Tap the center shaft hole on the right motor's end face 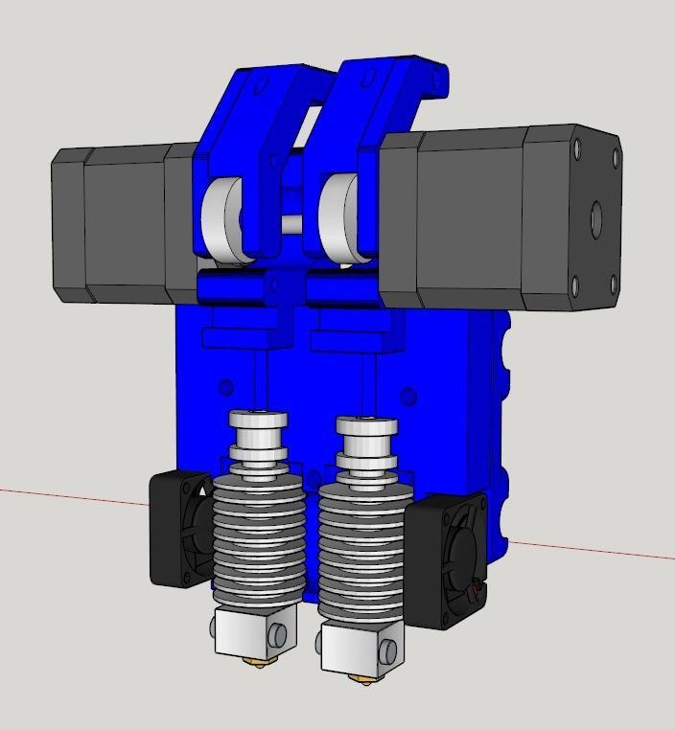pyautogui.click(x=595, y=217)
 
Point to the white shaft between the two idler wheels pyautogui.click(x=291, y=225)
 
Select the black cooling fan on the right pyautogui.click(x=447, y=561)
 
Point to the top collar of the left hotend pyautogui.click(x=257, y=421)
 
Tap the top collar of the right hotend pyautogui.click(x=367, y=427)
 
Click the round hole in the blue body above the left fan pyautogui.click(x=225, y=388)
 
